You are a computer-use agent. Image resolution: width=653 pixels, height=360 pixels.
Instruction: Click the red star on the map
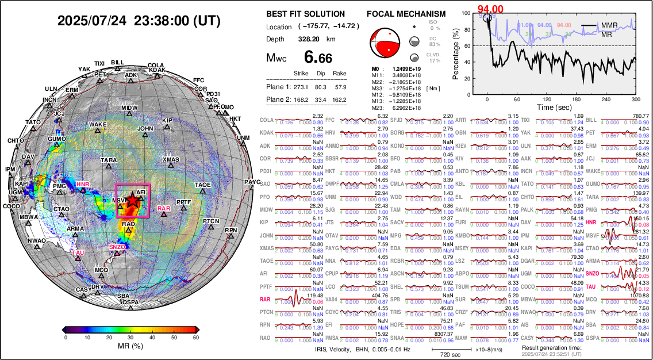[132, 200]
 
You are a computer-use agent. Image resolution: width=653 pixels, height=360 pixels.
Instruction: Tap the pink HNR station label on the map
[83, 185]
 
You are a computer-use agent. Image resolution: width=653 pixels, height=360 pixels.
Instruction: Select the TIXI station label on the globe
[99, 64]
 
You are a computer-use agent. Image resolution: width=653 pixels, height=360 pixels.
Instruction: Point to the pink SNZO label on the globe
[117, 247]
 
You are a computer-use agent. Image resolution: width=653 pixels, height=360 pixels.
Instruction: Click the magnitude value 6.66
[317, 58]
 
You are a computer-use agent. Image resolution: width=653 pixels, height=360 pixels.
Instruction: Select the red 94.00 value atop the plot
[491, 8]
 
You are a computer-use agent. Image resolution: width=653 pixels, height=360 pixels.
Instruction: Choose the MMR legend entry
[610, 26]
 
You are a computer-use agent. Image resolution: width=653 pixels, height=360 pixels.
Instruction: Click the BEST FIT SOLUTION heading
[306, 14]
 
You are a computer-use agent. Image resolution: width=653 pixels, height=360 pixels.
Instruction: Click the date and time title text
[139, 21]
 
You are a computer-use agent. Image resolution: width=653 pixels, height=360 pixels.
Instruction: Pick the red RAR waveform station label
[265, 300]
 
